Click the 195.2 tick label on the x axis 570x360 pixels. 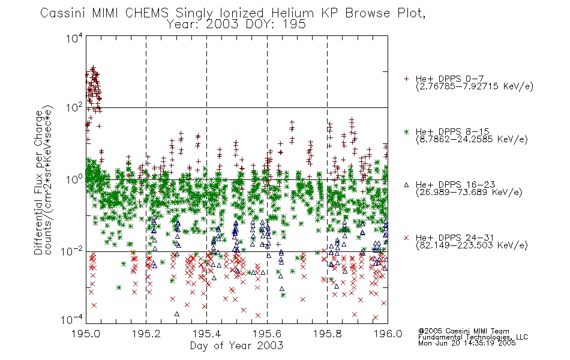pyautogui.click(x=146, y=334)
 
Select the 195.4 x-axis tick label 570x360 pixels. pyautogui.click(x=207, y=334)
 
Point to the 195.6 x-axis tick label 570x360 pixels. pyautogui.click(x=267, y=334)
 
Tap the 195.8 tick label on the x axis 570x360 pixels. pyautogui.click(x=328, y=334)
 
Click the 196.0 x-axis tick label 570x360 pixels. pyautogui.click(x=388, y=334)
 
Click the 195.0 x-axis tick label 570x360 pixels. pyautogui.click(x=86, y=334)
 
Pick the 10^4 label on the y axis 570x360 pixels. pyautogui.click(x=74, y=38)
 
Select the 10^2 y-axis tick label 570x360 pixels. pyautogui.click(x=74, y=107)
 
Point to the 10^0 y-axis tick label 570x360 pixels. pyautogui.click(x=74, y=179)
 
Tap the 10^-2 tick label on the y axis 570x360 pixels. pyautogui.click(x=71, y=251)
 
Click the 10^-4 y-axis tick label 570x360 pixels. pyautogui.click(x=71, y=320)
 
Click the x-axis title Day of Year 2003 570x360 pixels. pyautogui.click(x=236, y=346)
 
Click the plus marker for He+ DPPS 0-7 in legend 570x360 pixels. pyautogui.click(x=406, y=79)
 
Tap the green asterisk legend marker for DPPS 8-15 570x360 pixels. pyautogui.click(x=406, y=131)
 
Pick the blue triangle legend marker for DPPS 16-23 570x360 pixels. pyautogui.click(x=406, y=185)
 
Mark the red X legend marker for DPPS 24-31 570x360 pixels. pyautogui.click(x=406, y=238)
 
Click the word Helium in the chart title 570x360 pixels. pyautogui.click(x=293, y=13)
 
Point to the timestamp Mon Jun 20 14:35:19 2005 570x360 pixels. pyautogui.click(x=467, y=343)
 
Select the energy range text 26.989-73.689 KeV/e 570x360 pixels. pyautogui.click(x=469, y=193)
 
